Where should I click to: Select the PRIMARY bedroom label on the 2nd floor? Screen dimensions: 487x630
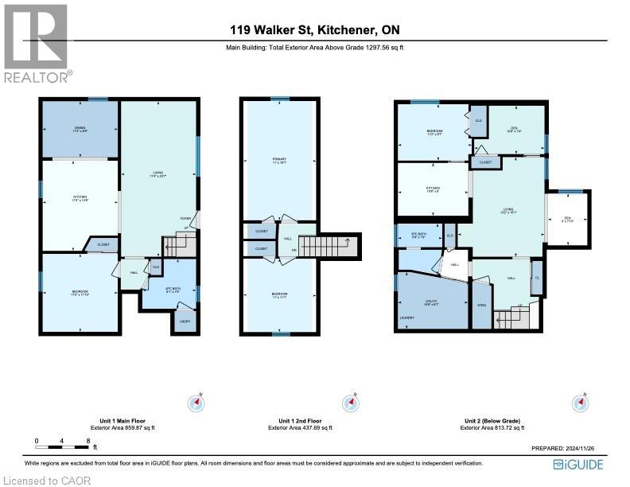point(278,161)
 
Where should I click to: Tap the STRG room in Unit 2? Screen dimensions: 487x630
point(481,305)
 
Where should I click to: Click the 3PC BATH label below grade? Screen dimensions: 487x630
point(418,235)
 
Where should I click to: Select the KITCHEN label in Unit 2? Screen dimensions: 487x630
point(433,189)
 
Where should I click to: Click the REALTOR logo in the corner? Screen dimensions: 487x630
point(37,44)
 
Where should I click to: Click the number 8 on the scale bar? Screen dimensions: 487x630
point(87,440)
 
